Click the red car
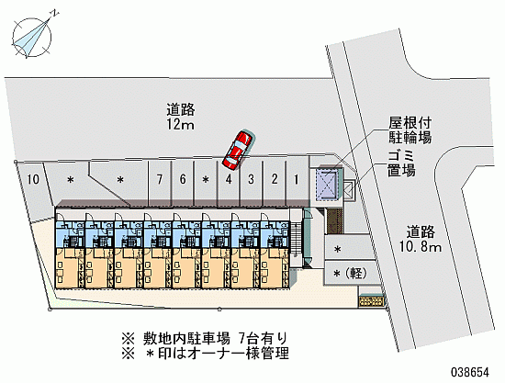click(238, 150)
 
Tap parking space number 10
click(33, 179)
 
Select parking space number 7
click(159, 179)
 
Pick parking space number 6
click(183, 179)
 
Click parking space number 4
click(229, 179)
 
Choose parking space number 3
click(251, 179)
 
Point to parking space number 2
click(275, 179)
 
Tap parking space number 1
click(296, 179)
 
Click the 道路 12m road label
click(180, 117)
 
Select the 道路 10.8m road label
click(421, 240)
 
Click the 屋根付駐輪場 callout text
click(410, 130)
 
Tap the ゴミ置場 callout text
click(401, 164)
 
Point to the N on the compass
click(56, 13)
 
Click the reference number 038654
click(469, 372)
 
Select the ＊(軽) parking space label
click(350, 274)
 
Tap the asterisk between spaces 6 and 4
click(206, 179)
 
